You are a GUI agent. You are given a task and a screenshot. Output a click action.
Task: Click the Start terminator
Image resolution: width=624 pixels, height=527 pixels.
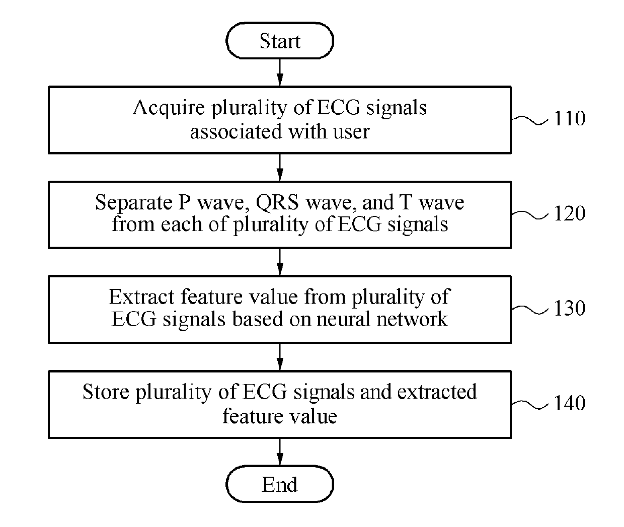[280, 41]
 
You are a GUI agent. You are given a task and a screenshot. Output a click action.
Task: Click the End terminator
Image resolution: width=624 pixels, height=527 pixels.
[280, 484]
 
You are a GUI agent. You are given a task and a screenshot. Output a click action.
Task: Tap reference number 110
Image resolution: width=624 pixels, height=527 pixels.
[570, 118]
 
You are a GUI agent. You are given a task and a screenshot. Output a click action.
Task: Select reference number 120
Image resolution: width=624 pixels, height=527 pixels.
[570, 213]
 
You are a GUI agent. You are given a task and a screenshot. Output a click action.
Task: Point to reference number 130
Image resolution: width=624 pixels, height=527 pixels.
[570, 308]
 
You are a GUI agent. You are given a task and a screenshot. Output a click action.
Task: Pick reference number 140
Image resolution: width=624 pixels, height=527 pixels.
[570, 403]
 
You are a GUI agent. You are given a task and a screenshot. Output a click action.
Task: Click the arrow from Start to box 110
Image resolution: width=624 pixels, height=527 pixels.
[280, 72]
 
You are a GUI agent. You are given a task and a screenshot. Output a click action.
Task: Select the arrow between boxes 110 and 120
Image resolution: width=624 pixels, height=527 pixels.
[280, 168]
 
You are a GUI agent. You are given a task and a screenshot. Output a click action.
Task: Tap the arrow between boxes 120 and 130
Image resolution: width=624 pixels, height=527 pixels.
[280, 262]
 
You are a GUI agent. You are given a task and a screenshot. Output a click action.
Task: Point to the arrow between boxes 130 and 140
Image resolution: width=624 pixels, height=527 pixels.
[280, 357]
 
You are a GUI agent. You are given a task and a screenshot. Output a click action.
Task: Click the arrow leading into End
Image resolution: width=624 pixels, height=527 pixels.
[280, 452]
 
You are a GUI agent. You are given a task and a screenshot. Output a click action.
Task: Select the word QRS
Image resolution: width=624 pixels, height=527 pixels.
[277, 203]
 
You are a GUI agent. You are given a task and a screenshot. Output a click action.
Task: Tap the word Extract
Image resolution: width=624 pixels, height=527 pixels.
[141, 297]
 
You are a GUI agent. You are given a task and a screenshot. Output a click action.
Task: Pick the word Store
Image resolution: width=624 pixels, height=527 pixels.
[106, 392]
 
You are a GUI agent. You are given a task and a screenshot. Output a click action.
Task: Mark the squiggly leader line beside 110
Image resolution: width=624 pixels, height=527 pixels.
[530, 120]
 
